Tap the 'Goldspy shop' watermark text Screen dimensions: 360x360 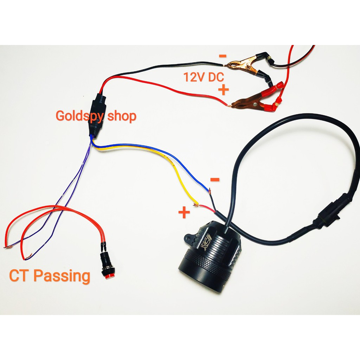96,116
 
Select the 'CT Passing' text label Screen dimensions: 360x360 50,276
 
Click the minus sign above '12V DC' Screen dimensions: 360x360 223,56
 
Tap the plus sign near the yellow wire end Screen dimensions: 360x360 184,213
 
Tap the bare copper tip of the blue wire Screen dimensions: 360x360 210,191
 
